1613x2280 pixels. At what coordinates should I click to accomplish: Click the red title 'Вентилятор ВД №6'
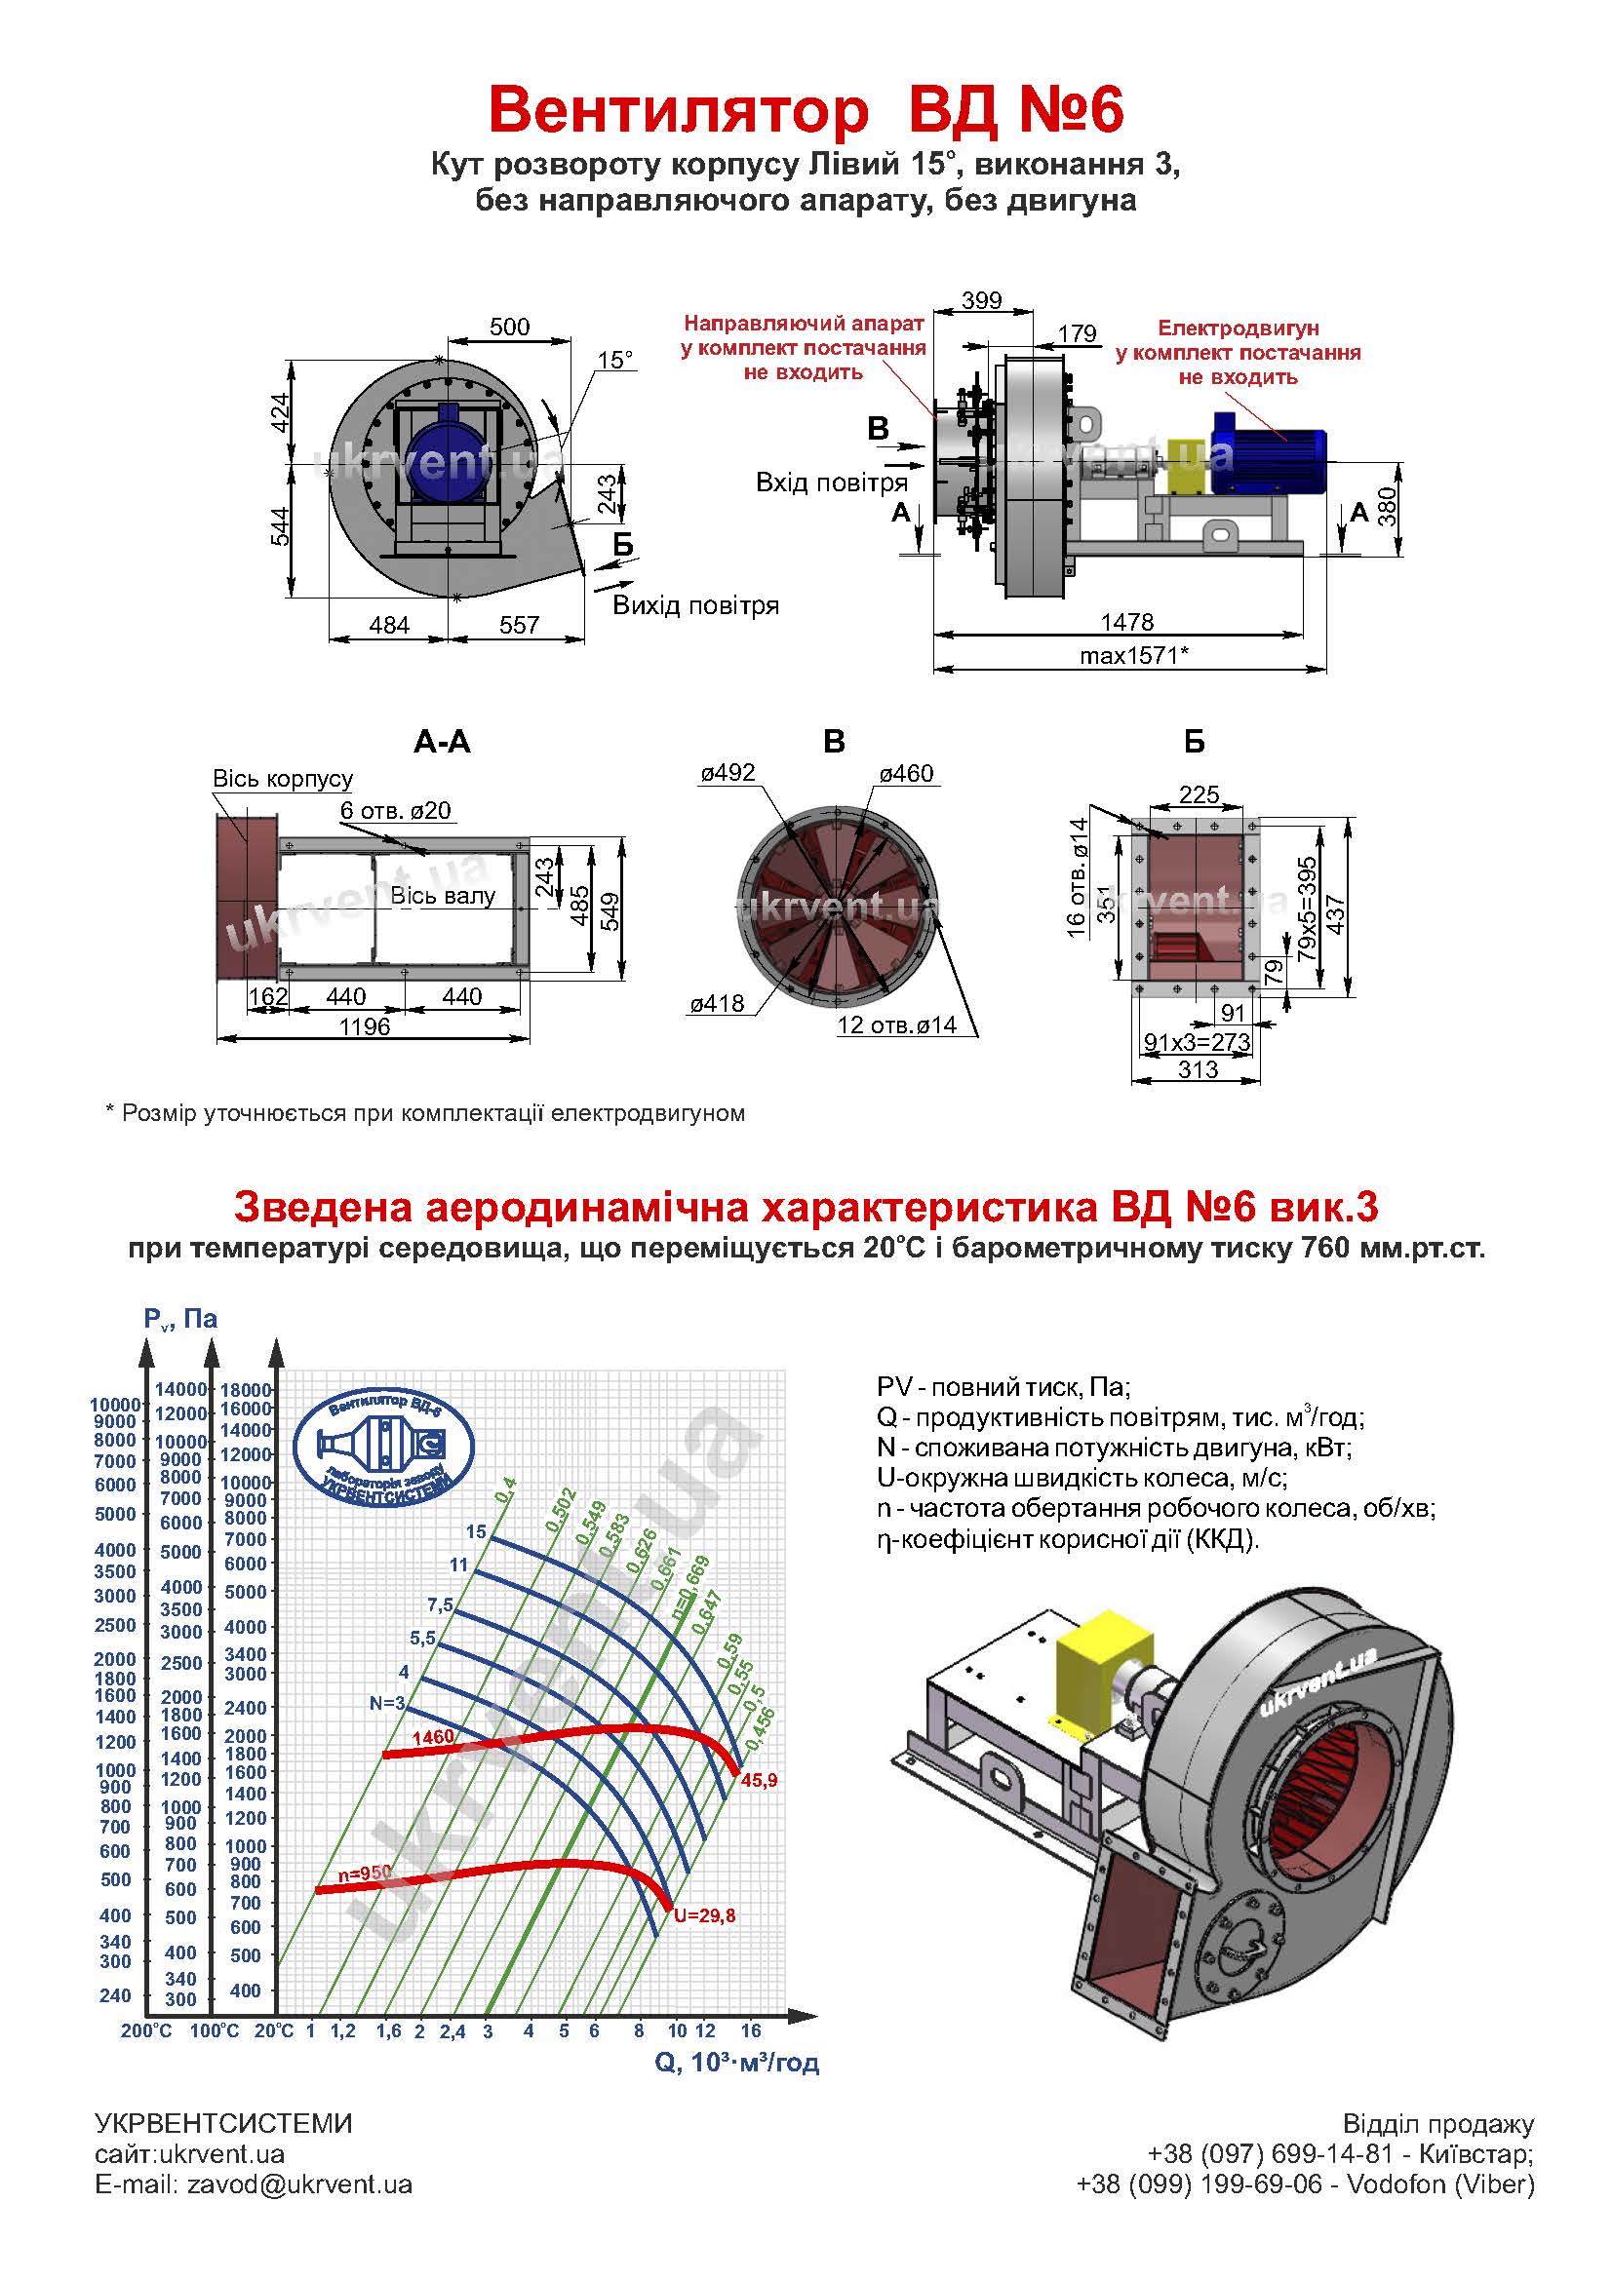[x=806, y=109]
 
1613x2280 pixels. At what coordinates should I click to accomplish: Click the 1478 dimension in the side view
[x=1127, y=622]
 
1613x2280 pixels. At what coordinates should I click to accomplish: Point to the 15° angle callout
[x=614, y=360]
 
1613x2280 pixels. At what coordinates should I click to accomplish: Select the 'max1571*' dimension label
[x=1134, y=655]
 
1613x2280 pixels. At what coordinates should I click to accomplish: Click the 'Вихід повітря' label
[x=695, y=605]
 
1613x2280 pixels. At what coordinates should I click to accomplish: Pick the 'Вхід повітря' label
[x=831, y=483]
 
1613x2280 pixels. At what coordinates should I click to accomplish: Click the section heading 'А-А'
[x=442, y=742]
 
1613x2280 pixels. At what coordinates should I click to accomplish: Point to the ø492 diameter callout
[x=728, y=773]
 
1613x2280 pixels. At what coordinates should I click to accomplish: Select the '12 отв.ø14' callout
[x=896, y=1024]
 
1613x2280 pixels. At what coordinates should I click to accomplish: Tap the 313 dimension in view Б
[x=1198, y=1069]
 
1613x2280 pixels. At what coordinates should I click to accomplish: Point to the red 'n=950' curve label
[x=365, y=1873]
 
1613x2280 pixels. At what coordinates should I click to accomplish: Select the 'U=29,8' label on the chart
[x=704, y=1916]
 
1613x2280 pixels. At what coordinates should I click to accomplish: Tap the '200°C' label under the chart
[x=147, y=2031]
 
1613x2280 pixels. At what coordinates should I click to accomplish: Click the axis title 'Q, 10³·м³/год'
[x=737, y=2064]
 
